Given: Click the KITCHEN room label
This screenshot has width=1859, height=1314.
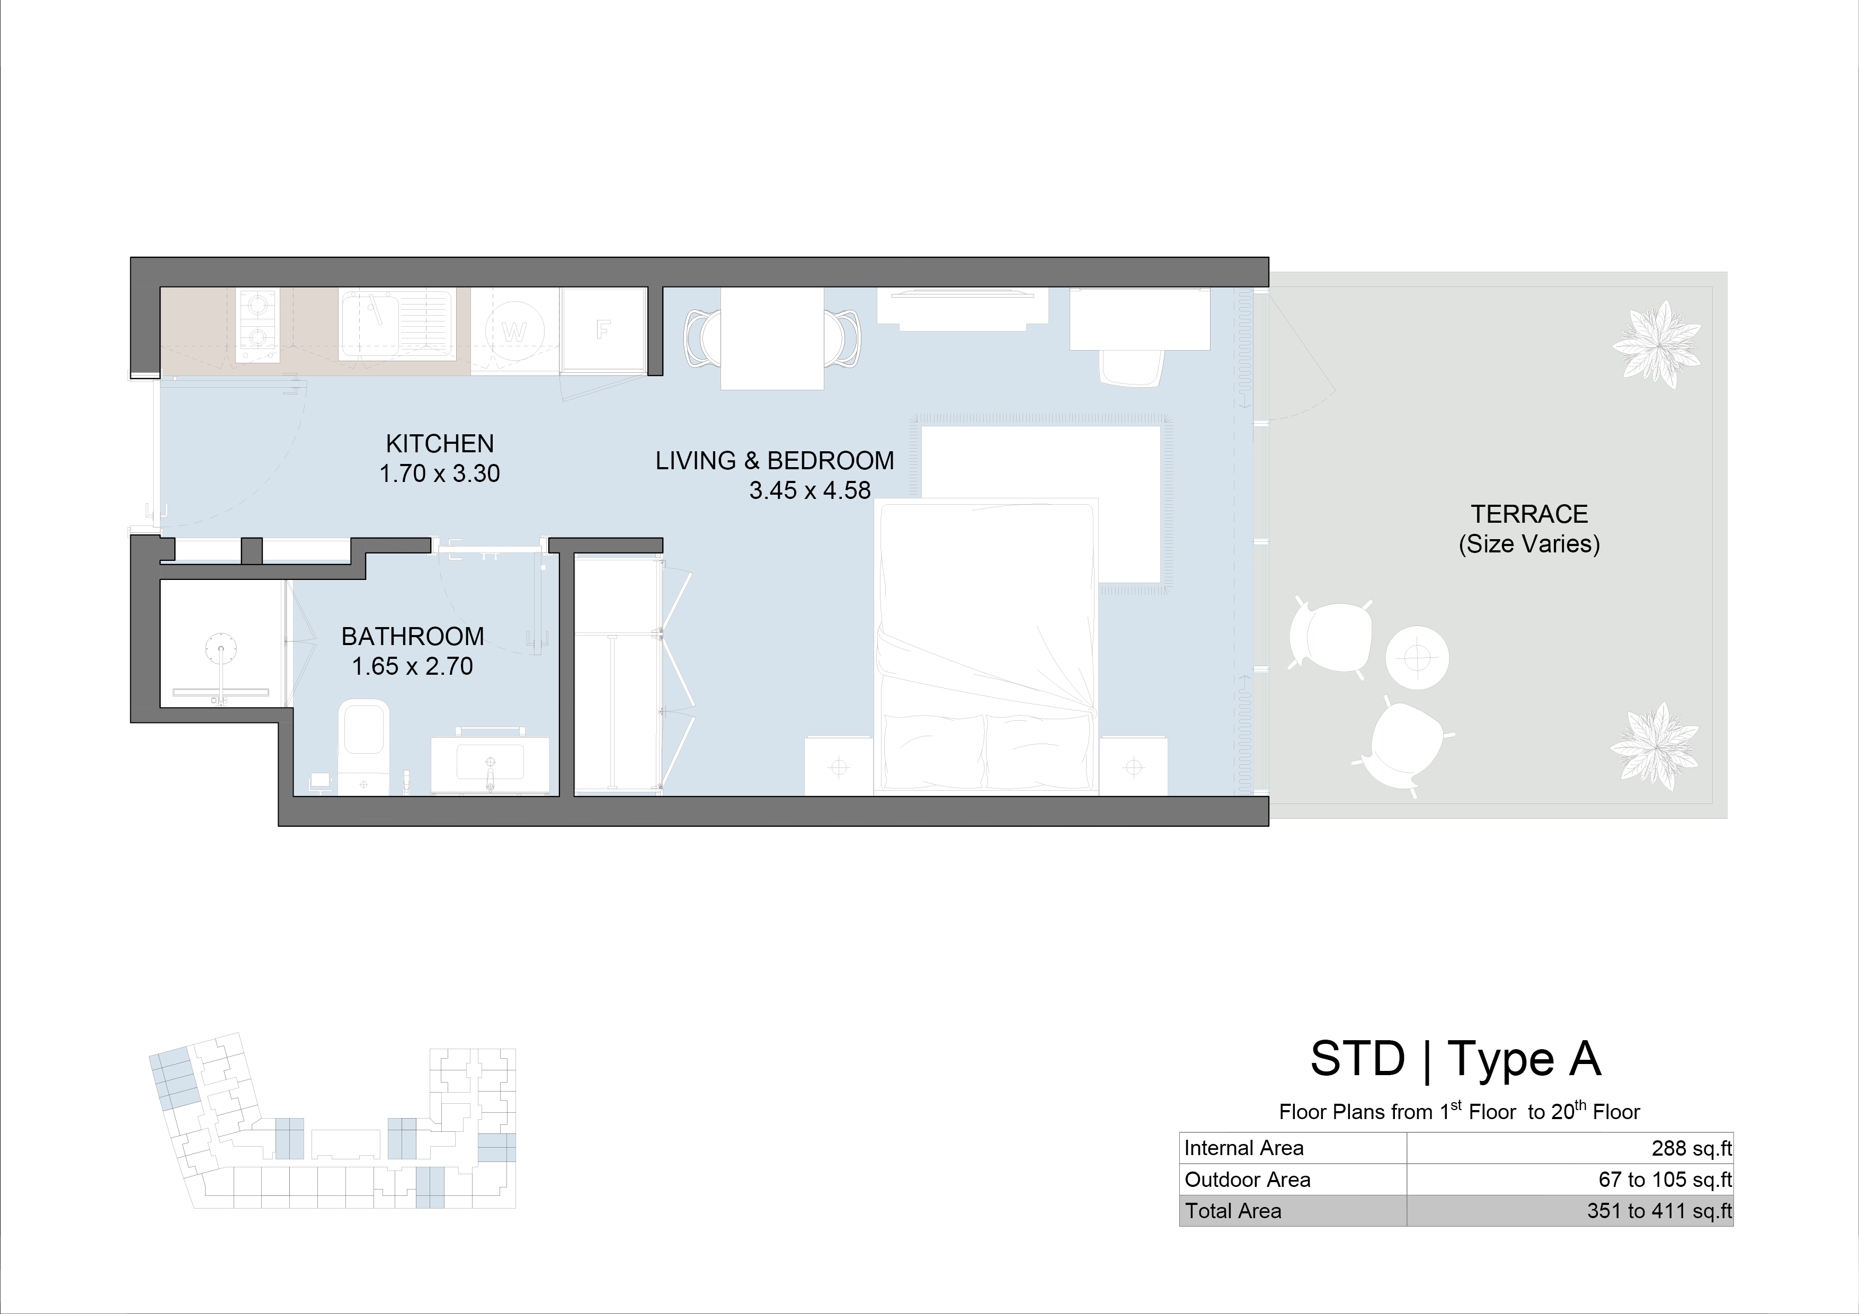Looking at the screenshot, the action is pyautogui.click(x=440, y=444).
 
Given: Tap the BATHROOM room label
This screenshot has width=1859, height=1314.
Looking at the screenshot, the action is pyautogui.click(x=413, y=637).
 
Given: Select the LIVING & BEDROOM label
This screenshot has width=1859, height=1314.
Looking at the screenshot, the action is pyautogui.click(x=775, y=461).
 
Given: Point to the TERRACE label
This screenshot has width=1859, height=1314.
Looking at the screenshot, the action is pyautogui.click(x=1529, y=514).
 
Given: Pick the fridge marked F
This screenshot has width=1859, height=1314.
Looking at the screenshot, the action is pyautogui.click(x=603, y=330).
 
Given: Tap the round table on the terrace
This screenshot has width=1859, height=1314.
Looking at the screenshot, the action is pyautogui.click(x=1417, y=657).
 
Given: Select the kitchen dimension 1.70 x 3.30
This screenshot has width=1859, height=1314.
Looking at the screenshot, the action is pyautogui.click(x=440, y=473).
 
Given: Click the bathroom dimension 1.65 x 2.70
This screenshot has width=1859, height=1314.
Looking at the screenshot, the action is pyautogui.click(x=412, y=666).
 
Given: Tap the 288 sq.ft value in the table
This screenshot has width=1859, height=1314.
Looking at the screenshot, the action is pyautogui.click(x=1692, y=1148).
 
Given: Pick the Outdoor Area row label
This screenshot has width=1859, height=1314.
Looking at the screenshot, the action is pyautogui.click(x=1247, y=1179).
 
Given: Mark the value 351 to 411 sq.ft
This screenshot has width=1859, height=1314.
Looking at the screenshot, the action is pyautogui.click(x=1659, y=1211).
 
